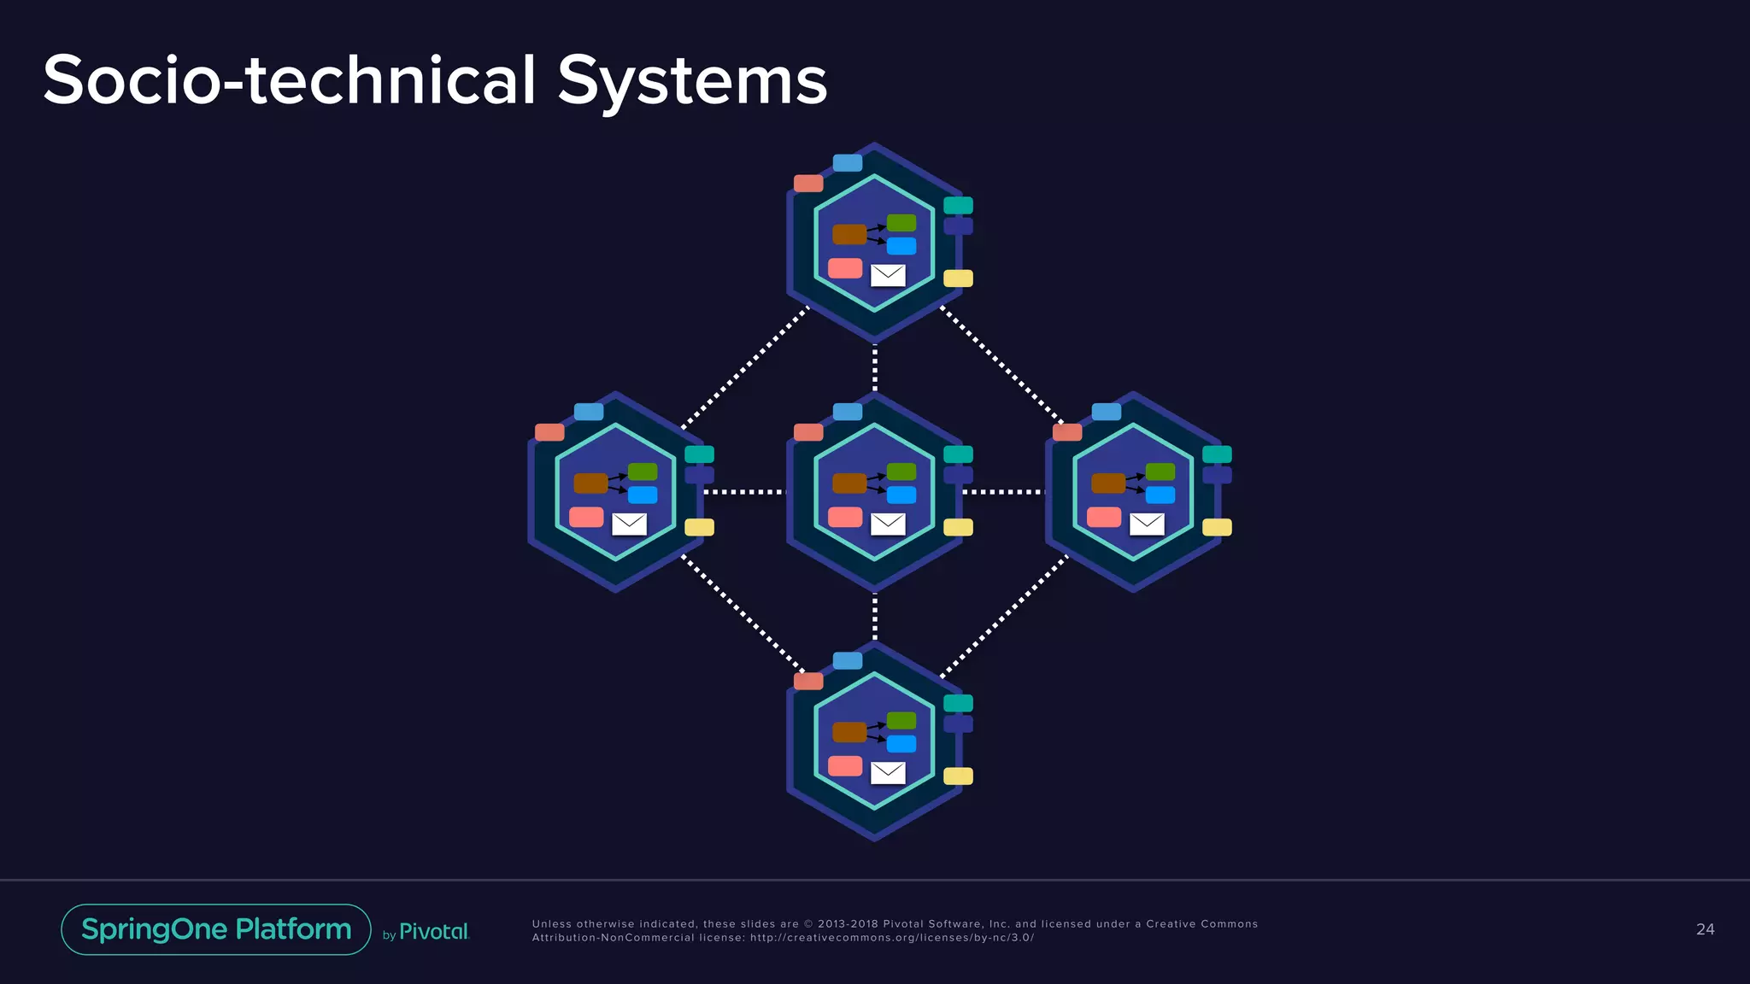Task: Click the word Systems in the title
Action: pos(692,81)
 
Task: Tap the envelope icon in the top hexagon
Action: pos(888,275)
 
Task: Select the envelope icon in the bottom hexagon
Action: pos(888,773)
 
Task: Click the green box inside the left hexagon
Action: pos(643,471)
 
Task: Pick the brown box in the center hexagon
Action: pos(849,483)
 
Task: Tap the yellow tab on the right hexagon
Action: pos(1217,527)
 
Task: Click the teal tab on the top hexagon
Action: pos(958,205)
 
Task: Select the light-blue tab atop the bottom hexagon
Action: pos(848,660)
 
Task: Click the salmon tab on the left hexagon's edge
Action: pos(549,432)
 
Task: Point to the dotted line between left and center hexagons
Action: pos(743,492)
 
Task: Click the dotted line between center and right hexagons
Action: pos(1003,492)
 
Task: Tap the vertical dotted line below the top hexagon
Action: pos(874,367)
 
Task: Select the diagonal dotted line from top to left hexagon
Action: pos(743,367)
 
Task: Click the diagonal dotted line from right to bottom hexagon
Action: pos(1004,617)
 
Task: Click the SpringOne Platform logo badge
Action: pos(216,929)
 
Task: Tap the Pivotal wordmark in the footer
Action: pos(434,932)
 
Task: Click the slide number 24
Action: pos(1705,929)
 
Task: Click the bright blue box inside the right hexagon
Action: pos(1160,495)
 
